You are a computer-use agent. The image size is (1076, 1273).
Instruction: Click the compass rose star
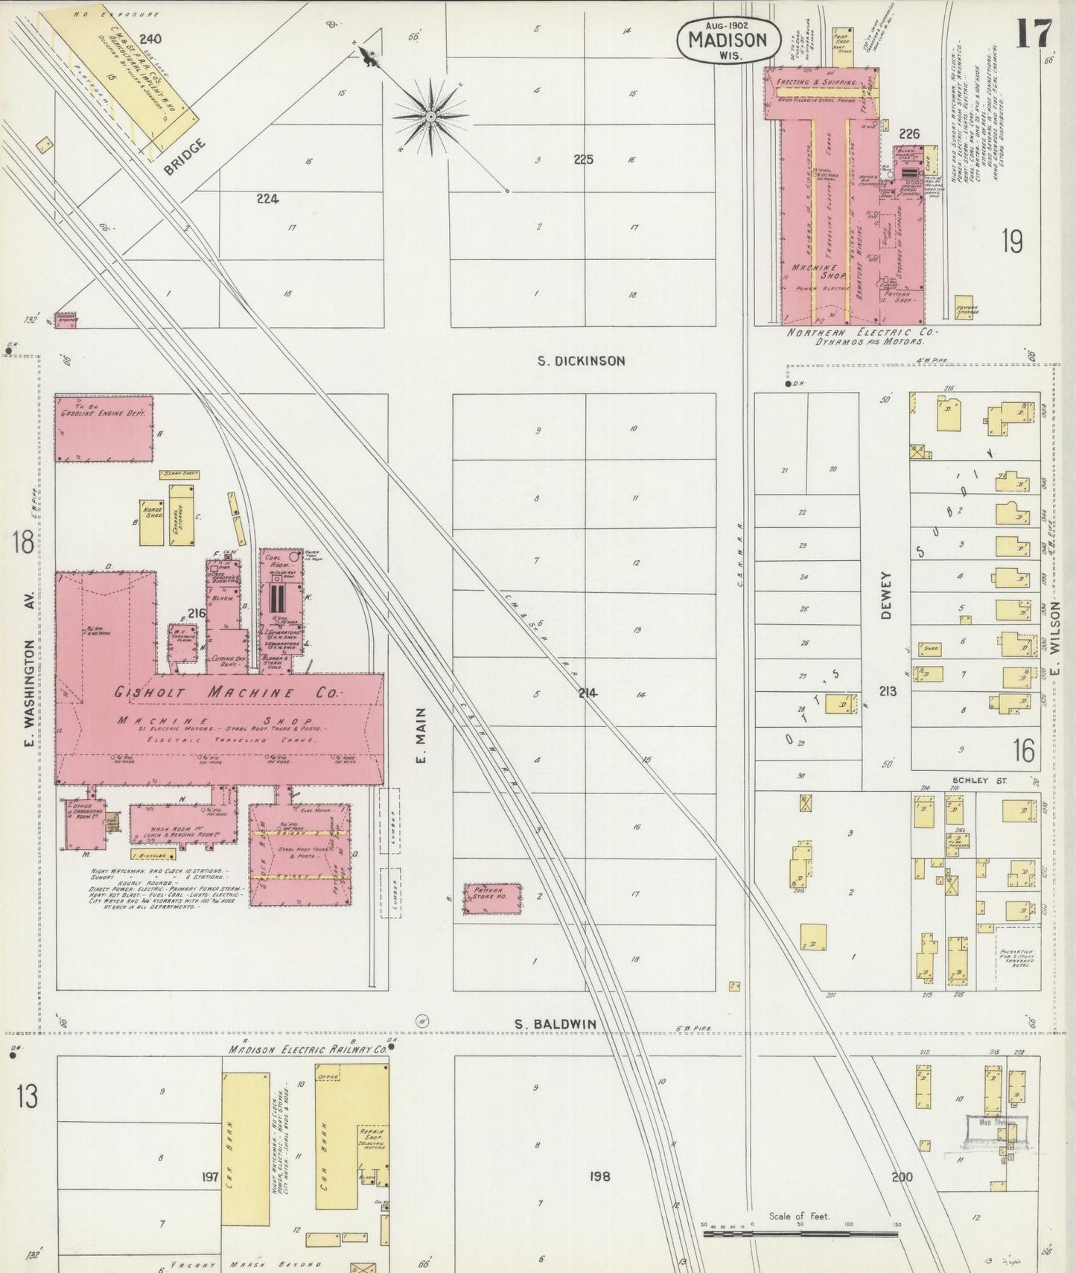[431, 117]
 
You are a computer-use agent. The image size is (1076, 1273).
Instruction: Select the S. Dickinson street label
[582, 361]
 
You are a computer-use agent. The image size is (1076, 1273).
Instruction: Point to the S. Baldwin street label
[556, 1024]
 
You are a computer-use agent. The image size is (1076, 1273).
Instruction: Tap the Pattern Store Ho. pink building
[491, 898]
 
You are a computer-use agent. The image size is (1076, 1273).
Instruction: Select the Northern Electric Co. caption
[863, 333]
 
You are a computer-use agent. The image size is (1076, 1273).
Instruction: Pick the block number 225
[583, 159]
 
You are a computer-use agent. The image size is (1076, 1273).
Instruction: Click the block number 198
[599, 1176]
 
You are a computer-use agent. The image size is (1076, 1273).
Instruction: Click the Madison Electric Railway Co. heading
[308, 1049]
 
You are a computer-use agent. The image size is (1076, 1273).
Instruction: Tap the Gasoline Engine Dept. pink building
[104, 428]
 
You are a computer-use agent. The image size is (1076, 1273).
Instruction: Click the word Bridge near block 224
[184, 157]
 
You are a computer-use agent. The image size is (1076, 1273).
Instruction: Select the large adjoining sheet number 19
[1011, 241]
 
